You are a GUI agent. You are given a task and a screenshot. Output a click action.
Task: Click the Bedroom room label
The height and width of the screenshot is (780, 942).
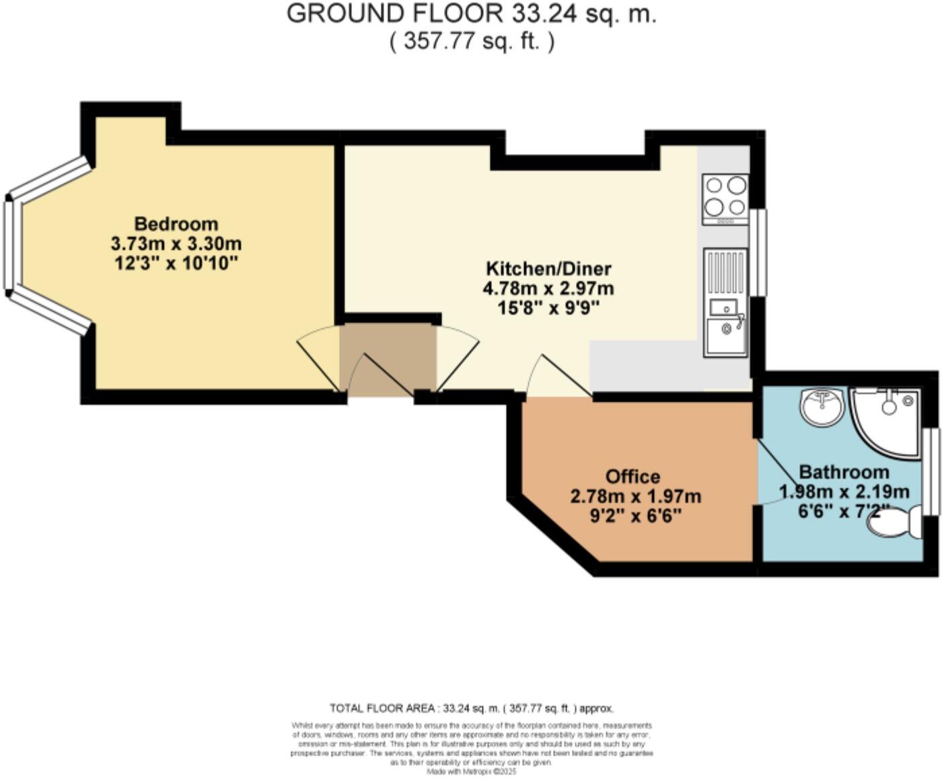pos(176,224)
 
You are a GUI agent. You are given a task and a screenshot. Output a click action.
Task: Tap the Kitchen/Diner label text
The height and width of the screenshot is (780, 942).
pos(548,269)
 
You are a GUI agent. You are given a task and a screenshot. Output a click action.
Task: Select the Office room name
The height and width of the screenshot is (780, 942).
pos(632,477)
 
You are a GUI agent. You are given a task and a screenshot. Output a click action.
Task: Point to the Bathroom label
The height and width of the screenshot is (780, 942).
pos(844,472)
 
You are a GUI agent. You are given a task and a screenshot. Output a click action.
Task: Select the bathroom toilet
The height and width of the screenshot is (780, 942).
pos(895,522)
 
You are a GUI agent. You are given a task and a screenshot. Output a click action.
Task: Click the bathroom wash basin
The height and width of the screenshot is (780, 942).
pos(822,407)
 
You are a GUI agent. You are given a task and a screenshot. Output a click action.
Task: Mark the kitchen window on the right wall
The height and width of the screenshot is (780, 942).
pos(758,252)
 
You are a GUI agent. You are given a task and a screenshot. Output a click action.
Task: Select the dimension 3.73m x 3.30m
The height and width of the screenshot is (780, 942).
pos(176,243)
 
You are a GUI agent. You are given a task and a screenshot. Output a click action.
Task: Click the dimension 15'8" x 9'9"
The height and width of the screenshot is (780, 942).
pos(548,308)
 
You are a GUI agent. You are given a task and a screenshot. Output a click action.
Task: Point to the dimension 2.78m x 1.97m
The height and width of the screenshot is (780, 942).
pos(635,497)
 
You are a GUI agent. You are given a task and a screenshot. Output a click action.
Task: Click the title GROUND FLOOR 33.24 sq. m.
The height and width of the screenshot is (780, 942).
pos(471,14)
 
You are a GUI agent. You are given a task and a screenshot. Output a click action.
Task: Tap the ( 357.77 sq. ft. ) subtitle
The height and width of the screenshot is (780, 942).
pos(472,42)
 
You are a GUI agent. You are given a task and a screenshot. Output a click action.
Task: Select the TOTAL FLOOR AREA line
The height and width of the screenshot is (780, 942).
pos(471,708)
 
